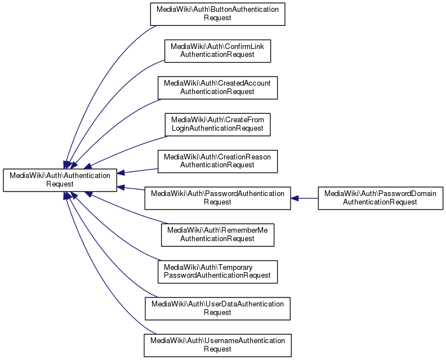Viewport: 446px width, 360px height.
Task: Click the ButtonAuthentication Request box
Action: point(217,14)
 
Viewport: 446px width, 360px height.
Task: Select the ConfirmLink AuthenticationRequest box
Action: point(217,50)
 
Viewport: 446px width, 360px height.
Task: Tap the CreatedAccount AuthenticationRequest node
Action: point(217,87)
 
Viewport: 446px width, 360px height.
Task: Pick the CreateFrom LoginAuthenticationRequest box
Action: point(217,124)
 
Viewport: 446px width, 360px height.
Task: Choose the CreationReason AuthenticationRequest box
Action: point(217,161)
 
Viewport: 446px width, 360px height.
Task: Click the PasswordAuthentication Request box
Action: point(217,198)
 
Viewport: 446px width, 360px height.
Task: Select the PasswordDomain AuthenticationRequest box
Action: point(380,198)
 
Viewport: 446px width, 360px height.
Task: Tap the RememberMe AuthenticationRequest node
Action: point(217,234)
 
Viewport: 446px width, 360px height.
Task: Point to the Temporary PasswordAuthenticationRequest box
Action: point(217,271)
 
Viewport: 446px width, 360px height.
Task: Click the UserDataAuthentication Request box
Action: point(217,308)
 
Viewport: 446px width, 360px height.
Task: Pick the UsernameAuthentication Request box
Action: point(217,345)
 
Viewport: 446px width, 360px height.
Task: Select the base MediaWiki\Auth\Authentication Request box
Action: point(61,180)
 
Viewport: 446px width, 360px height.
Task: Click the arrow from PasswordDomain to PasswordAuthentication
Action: point(307,198)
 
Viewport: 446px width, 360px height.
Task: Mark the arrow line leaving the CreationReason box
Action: point(141,170)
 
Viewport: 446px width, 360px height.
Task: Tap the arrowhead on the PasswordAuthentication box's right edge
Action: point(295,198)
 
